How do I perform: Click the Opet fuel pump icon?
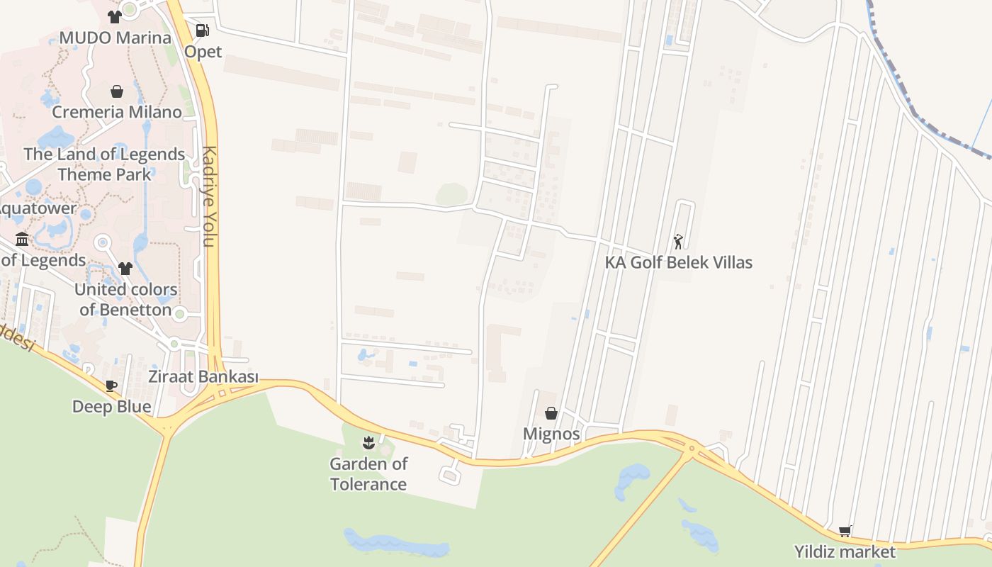202,30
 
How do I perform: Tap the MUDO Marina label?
115,38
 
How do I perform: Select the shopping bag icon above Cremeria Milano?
117,91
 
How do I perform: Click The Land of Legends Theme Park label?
104,164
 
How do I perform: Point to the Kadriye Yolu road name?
209,196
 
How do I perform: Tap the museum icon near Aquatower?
22,239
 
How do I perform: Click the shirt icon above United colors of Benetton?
125,268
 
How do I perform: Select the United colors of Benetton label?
125,300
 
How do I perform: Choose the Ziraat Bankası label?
203,377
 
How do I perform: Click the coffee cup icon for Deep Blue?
111,386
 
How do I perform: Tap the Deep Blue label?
112,406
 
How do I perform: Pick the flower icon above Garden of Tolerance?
368,444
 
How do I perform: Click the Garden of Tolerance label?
368,474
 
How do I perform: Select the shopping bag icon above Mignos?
551,413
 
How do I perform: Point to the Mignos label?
551,434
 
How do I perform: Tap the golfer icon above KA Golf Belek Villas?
678,242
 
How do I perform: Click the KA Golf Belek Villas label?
678,262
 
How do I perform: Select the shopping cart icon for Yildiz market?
845,531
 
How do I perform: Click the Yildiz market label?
845,551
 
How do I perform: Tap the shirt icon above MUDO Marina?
115,17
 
